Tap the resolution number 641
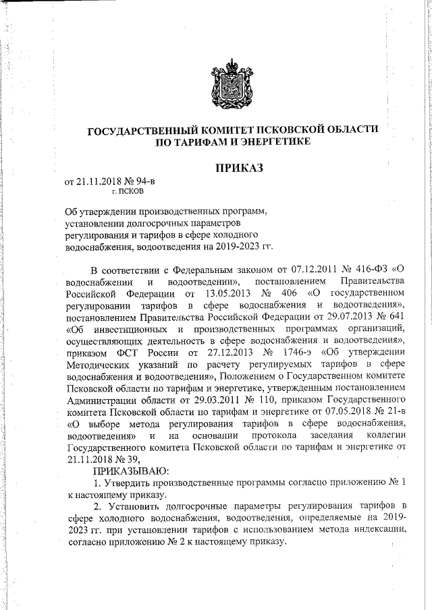point(395,316)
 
